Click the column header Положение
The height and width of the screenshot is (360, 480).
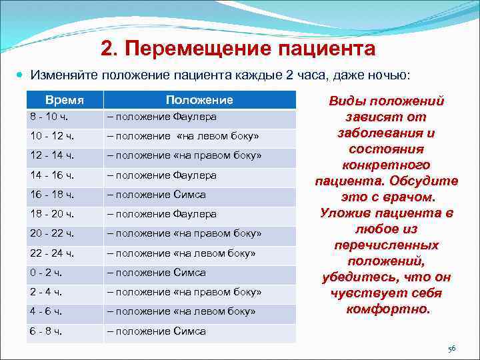point(199,100)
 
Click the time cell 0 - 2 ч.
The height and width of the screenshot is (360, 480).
point(47,272)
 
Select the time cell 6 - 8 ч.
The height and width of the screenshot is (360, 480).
point(47,331)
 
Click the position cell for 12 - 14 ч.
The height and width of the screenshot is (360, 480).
point(184,155)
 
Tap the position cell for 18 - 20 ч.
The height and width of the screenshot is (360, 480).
point(162,214)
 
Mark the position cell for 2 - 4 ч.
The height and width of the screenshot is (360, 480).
point(184,292)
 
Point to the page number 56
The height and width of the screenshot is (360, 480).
point(451,349)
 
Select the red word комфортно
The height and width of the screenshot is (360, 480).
point(387,309)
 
